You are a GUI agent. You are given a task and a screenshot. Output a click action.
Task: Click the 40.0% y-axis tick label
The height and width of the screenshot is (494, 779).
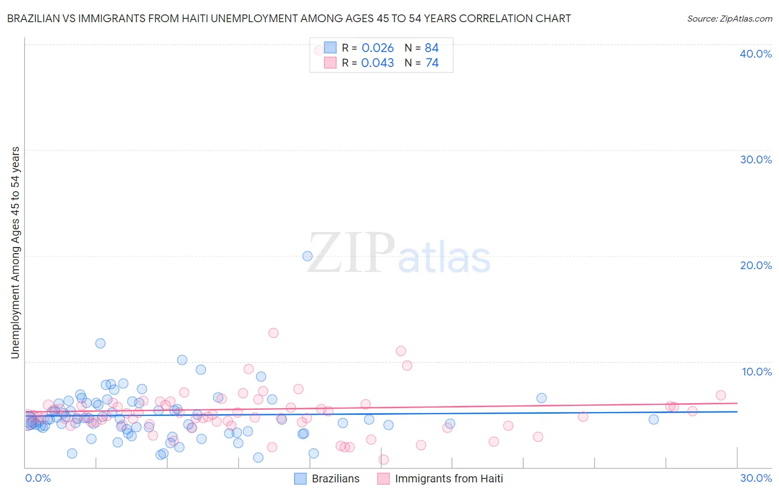click(756, 54)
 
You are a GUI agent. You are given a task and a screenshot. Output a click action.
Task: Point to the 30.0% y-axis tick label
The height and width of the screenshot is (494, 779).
click(756, 159)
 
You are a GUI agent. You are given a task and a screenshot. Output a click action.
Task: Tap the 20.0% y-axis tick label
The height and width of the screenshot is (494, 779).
click(756, 265)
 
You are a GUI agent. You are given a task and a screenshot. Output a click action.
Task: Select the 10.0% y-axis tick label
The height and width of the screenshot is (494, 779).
click(757, 372)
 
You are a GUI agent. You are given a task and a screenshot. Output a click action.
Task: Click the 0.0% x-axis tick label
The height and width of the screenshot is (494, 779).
click(38, 478)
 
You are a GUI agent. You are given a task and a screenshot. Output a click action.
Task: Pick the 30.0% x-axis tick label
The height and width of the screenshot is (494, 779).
click(756, 478)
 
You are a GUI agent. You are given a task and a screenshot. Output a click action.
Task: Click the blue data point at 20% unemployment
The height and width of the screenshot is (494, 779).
click(307, 256)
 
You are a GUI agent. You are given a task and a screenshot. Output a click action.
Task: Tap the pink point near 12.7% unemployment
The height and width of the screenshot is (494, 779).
click(273, 333)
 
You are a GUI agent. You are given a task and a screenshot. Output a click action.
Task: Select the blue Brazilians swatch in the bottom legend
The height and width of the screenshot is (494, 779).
click(300, 478)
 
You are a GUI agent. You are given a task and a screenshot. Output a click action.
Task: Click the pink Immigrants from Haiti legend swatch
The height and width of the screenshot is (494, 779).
click(383, 478)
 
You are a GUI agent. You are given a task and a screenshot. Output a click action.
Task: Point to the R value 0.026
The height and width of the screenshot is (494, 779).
click(377, 48)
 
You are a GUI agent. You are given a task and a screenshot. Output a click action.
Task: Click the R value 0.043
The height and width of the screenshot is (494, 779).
click(377, 63)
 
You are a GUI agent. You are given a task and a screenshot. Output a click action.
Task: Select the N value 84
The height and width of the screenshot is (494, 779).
click(432, 48)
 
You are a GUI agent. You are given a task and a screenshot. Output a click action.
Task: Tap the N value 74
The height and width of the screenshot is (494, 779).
click(432, 63)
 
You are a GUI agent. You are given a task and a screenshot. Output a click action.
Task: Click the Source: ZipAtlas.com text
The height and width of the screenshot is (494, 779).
click(729, 19)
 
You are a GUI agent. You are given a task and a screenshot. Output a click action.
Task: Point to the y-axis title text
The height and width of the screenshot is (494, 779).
click(15, 253)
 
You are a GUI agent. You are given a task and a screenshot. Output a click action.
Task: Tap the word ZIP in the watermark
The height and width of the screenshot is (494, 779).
click(351, 253)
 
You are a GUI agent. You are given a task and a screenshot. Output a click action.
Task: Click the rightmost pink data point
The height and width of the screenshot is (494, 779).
click(721, 395)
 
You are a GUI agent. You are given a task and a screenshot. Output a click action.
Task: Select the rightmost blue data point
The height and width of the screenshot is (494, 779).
click(654, 419)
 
